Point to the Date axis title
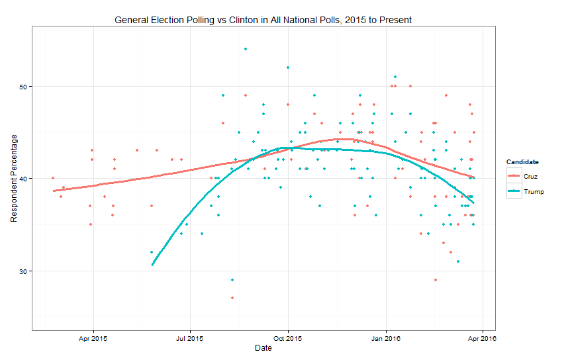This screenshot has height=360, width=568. [263, 348]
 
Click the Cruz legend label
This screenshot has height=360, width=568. [530, 175]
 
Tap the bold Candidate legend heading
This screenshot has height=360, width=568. [522, 161]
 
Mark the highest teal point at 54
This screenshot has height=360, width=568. [246, 49]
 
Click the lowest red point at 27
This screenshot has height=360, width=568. [232, 298]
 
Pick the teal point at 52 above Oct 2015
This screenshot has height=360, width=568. [288, 67]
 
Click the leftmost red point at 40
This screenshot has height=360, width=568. [53, 178]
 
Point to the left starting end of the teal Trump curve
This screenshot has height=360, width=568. [152, 265]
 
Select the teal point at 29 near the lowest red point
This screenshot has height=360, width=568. [232, 280]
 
